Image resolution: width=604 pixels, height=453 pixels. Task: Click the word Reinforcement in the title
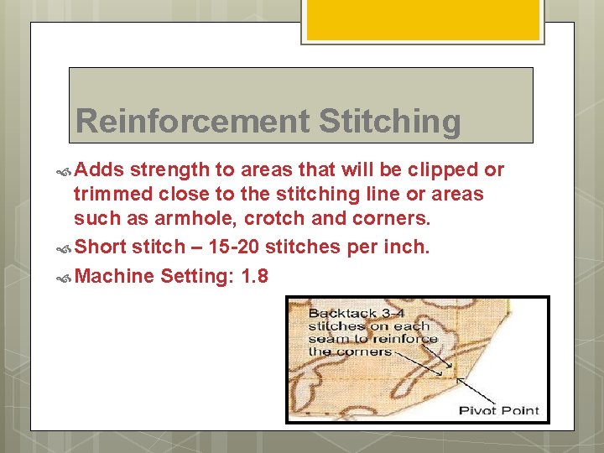click(x=193, y=122)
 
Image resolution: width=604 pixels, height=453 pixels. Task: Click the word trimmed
click(x=112, y=195)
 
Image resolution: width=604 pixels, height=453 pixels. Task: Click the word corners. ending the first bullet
click(x=392, y=219)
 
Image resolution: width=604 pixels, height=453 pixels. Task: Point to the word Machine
click(x=115, y=276)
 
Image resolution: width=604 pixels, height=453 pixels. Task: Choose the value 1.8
click(x=253, y=276)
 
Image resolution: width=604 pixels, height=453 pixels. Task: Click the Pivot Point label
click(x=498, y=411)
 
